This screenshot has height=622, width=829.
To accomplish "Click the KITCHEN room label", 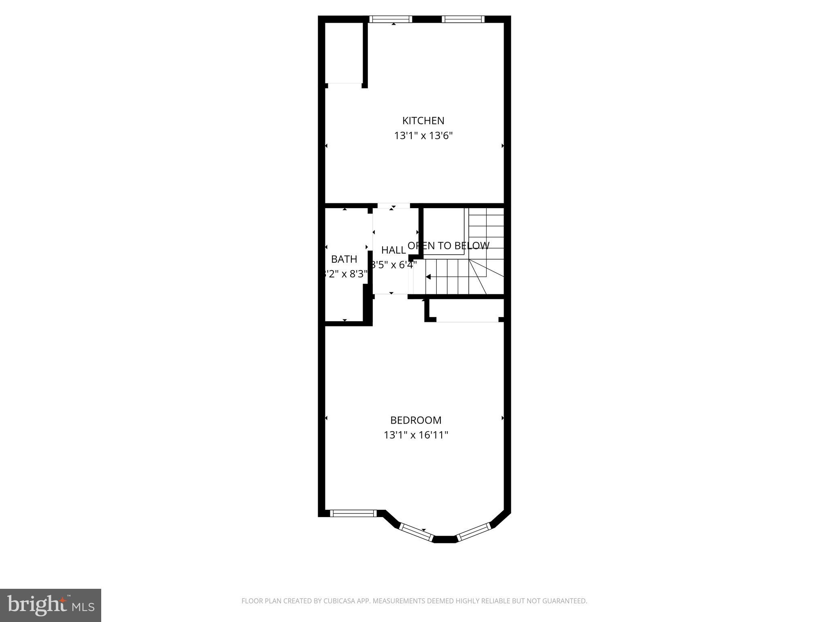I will tap(423, 121).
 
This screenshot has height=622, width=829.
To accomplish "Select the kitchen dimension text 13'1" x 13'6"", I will tap(423, 136).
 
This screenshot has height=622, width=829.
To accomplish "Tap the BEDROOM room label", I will tap(416, 420).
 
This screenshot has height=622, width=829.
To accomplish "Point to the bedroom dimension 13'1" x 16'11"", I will tap(416, 435).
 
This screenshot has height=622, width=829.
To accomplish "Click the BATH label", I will tap(344, 259).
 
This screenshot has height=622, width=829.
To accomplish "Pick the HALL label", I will tap(393, 250).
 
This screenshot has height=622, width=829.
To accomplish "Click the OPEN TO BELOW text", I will tap(449, 246).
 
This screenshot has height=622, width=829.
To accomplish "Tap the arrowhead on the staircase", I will tap(428, 277).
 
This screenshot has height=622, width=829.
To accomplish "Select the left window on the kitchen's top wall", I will tap(391, 19).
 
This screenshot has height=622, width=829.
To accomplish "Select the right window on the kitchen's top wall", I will tap(463, 19).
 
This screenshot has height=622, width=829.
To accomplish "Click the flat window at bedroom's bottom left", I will tap(353, 513).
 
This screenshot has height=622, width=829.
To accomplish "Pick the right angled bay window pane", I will tap(474, 532).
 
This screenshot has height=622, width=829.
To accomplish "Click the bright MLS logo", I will tap(50, 605).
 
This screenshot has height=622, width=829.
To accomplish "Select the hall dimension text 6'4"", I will tap(406, 265).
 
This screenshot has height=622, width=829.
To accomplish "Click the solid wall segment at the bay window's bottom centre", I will tap(445, 539).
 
